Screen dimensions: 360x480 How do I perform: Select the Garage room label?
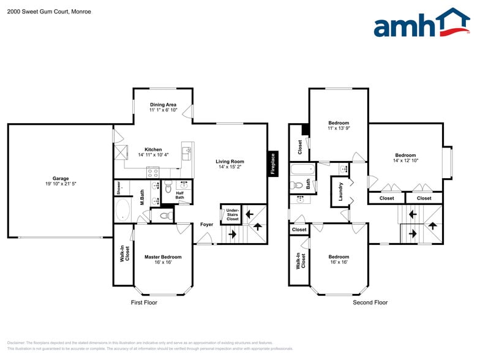[x=60, y=179]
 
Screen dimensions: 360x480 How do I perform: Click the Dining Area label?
[x=163, y=105]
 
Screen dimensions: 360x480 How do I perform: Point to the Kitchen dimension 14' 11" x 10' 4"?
[x=153, y=155]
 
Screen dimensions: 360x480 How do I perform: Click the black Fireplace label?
[x=273, y=163]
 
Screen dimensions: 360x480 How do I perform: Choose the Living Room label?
[x=231, y=161]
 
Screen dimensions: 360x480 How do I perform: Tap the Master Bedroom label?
[x=163, y=257]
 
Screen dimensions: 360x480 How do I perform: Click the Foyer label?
[x=207, y=225]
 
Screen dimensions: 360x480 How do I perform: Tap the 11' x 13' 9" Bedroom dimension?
[x=339, y=129]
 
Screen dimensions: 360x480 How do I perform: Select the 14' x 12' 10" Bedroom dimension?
[x=405, y=160]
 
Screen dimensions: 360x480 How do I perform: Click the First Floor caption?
[x=144, y=302]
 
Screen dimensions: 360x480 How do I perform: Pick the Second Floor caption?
[x=370, y=302]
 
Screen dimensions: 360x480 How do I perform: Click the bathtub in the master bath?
[x=122, y=209]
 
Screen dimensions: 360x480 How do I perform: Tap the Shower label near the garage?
[x=119, y=187]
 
